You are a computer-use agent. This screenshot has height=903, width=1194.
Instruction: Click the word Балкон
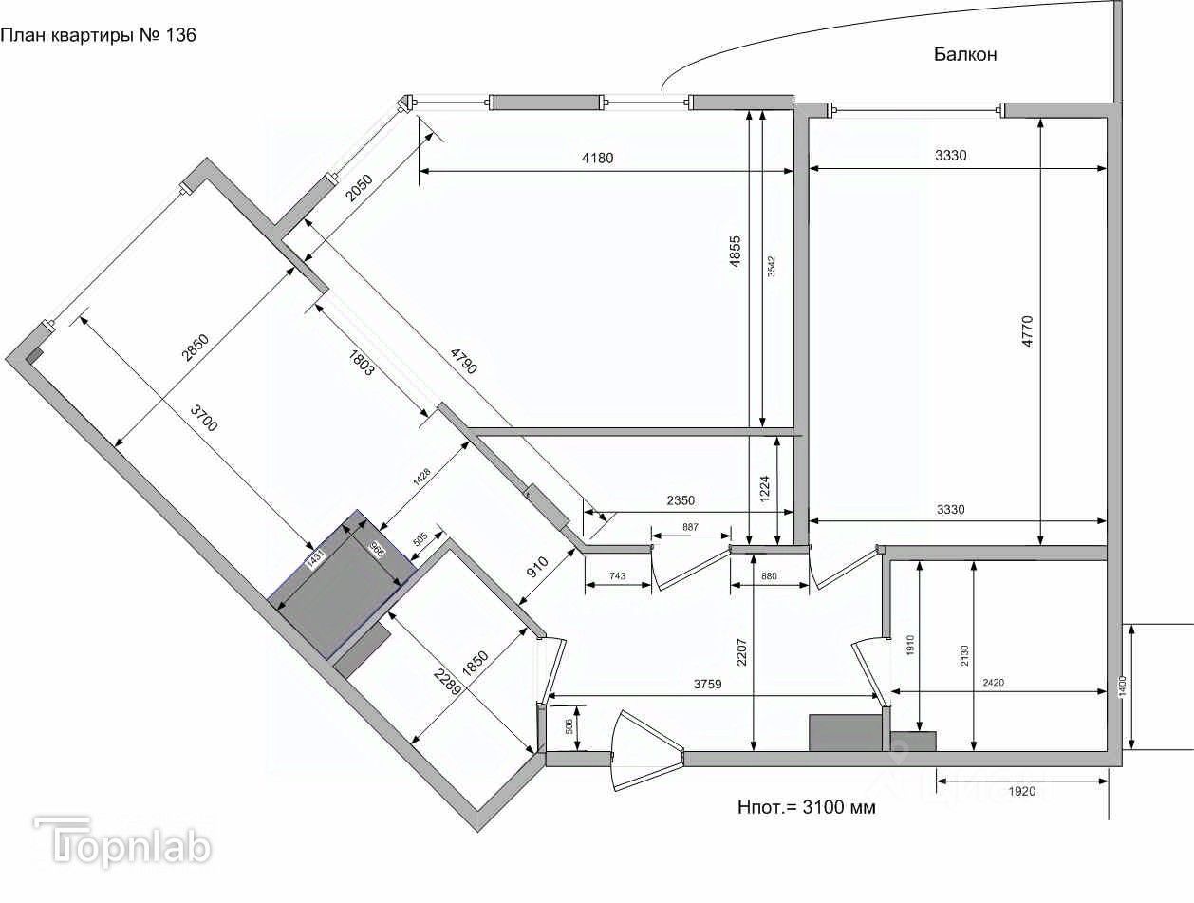coord(964,55)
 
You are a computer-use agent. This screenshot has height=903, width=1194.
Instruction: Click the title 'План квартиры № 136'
coord(99,37)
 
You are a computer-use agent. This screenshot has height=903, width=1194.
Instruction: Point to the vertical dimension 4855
coord(736,254)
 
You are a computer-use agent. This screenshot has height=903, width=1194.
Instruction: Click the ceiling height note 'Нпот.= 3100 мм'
coord(806,808)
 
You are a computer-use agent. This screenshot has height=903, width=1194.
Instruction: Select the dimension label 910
coord(538,568)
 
